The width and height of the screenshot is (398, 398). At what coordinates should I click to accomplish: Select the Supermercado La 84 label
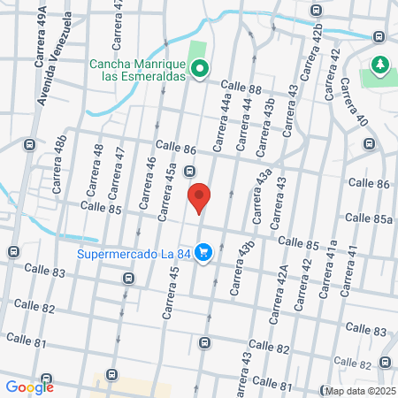pyautogui.click(x=134, y=254)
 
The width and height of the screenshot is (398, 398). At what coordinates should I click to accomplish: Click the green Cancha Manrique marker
pyautogui.click(x=201, y=68)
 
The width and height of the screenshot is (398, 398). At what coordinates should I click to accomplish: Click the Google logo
pyautogui.click(x=29, y=387)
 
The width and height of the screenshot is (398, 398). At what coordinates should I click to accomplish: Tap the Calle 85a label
pyautogui.click(x=369, y=217)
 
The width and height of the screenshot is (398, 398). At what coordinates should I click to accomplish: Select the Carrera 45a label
pyautogui.click(x=165, y=196)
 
